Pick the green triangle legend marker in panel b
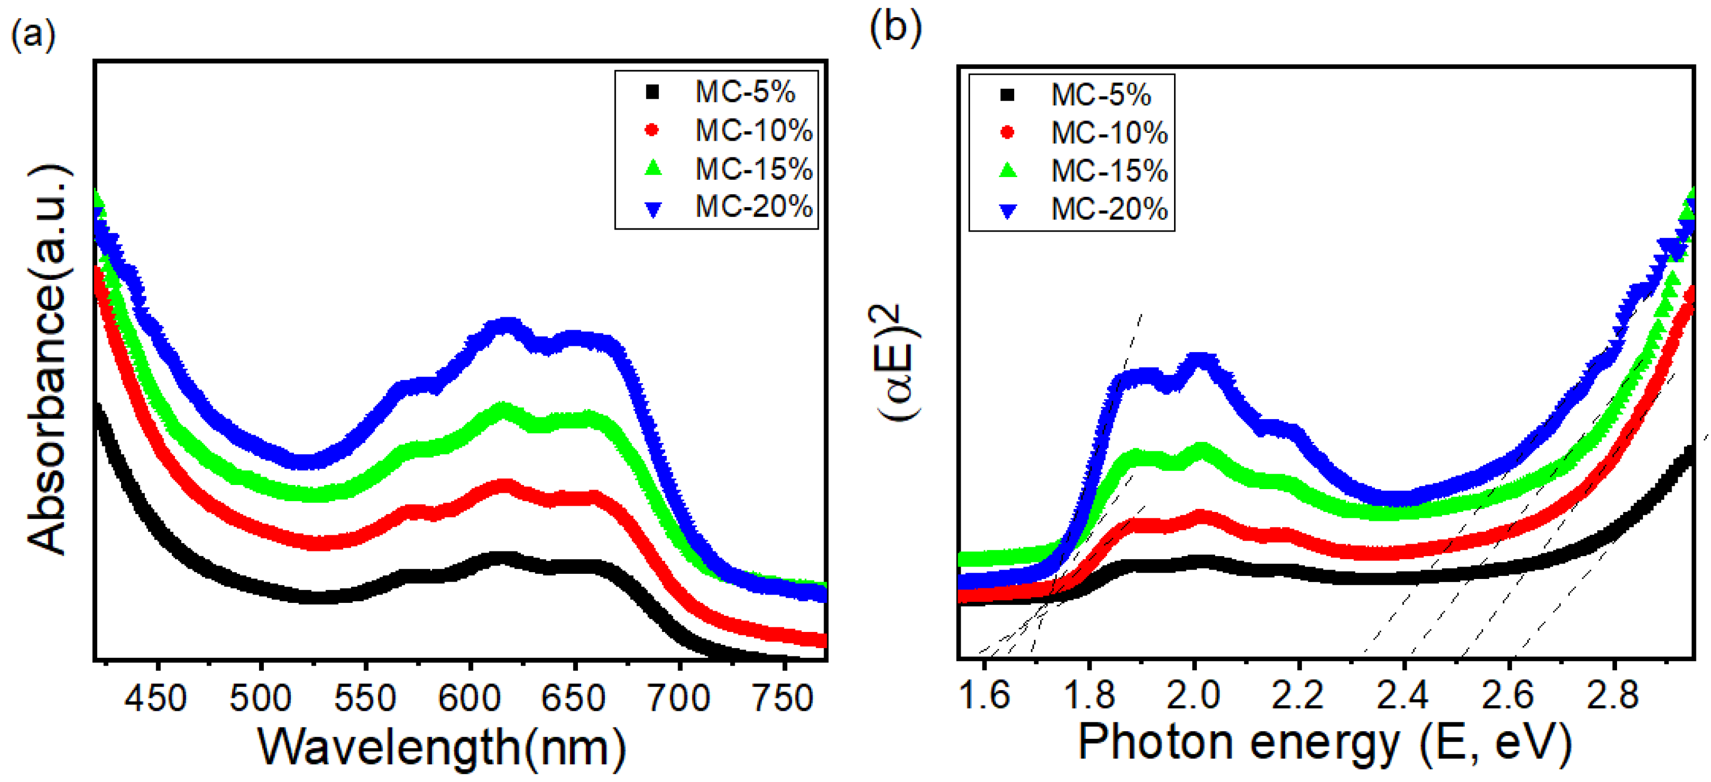1007,171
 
